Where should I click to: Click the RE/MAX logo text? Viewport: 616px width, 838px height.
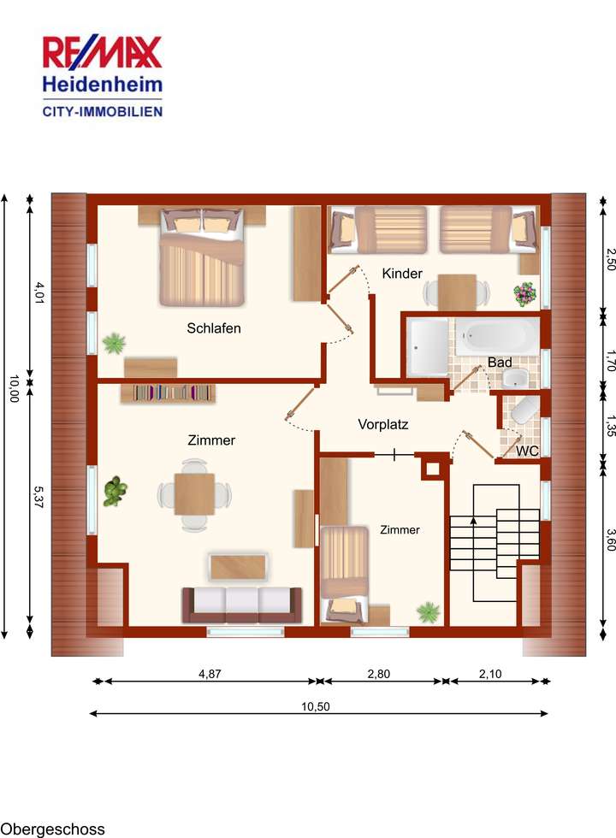103,52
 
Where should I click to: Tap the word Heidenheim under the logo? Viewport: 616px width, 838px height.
103,86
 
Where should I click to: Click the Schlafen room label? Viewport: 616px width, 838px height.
214,328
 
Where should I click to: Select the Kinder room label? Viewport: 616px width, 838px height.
402,274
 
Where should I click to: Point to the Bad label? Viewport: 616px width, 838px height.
500,363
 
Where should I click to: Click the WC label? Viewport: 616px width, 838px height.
528,450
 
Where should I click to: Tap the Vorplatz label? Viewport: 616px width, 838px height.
382,423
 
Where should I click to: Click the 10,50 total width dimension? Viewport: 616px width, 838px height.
318,706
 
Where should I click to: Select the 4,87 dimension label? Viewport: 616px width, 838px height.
210,674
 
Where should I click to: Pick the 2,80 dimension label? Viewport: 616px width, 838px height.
378,674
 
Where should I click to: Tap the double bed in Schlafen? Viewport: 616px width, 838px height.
202,257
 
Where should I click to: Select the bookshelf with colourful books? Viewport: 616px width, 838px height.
174,392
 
